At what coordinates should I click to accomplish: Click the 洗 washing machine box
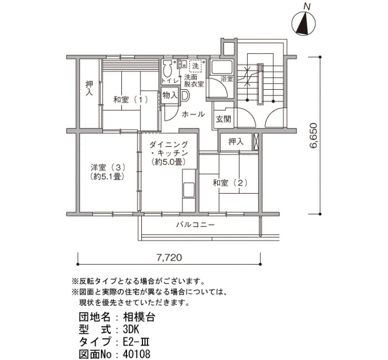tap(196, 66)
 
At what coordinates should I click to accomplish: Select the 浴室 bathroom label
tap(227, 79)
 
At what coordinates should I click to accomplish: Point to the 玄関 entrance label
tap(223, 119)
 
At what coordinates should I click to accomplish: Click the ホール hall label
tap(193, 114)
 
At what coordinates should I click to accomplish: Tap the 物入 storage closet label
tap(170, 95)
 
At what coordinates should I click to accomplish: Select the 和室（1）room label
tap(131, 100)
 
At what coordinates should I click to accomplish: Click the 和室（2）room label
tap(230, 183)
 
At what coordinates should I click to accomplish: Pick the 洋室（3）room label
tap(108, 168)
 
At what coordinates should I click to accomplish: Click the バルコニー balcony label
tap(195, 225)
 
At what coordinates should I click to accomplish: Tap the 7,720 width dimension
tap(169, 258)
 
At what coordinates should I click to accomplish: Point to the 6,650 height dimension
tap(313, 135)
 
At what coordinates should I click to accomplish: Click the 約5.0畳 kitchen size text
tap(169, 162)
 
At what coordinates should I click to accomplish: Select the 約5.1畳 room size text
tap(107, 177)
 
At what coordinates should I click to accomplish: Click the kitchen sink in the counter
tap(188, 190)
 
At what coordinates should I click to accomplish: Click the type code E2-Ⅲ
tap(136, 342)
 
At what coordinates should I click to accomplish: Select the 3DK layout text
tap(131, 330)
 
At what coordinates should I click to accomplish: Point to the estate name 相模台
tap(139, 317)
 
